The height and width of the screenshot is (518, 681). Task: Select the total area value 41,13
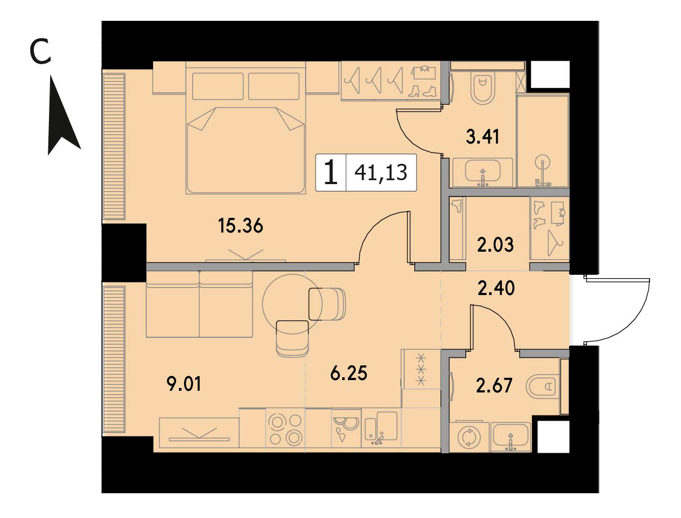(x=380, y=172)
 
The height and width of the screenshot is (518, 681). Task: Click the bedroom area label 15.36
(x=240, y=226)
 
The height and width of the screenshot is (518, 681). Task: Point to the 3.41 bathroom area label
(x=482, y=137)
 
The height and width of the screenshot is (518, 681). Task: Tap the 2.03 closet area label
(x=495, y=244)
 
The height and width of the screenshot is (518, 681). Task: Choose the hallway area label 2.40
(x=496, y=288)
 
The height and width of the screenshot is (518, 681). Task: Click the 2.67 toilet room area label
(x=494, y=386)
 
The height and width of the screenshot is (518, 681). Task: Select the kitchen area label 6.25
(x=349, y=373)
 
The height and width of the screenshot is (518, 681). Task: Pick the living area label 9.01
(x=184, y=384)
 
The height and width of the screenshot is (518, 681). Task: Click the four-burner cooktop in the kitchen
(x=285, y=428)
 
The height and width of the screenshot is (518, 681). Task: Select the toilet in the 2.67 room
(x=543, y=386)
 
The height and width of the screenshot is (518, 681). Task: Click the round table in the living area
(x=292, y=305)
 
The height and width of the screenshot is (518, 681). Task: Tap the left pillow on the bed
(x=217, y=86)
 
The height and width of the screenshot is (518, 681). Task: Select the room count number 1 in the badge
(x=331, y=172)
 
